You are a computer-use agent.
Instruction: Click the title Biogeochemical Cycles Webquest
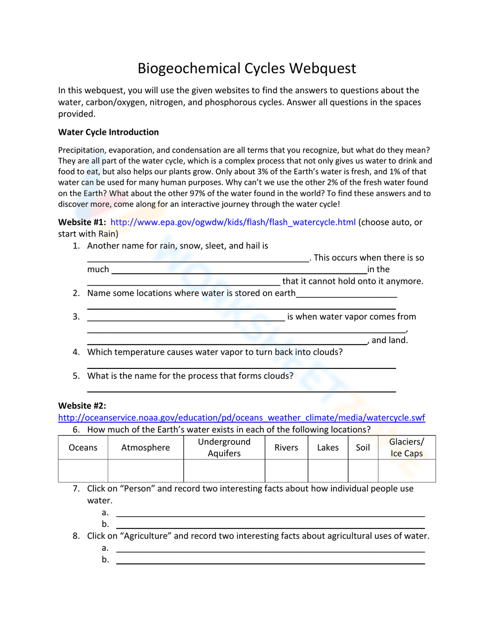(247, 68)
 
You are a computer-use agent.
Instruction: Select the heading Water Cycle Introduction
(108, 132)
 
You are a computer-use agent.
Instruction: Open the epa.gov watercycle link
(233, 222)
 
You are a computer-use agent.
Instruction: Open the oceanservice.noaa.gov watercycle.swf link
(241, 418)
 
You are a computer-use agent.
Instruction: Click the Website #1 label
(82, 222)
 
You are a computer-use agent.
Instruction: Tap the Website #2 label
(82, 406)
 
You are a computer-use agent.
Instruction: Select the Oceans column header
(83, 447)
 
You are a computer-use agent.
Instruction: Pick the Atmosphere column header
(145, 447)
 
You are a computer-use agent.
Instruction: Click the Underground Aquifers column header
(224, 447)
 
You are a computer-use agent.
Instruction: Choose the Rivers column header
(286, 447)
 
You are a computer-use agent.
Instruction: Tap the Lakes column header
(328, 447)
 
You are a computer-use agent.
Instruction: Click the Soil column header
(363, 447)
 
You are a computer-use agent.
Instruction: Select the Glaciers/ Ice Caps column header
(407, 447)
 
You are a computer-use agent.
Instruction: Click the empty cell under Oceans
(83, 471)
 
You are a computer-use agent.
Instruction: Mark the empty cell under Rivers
(286, 471)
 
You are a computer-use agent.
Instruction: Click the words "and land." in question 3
(389, 340)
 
